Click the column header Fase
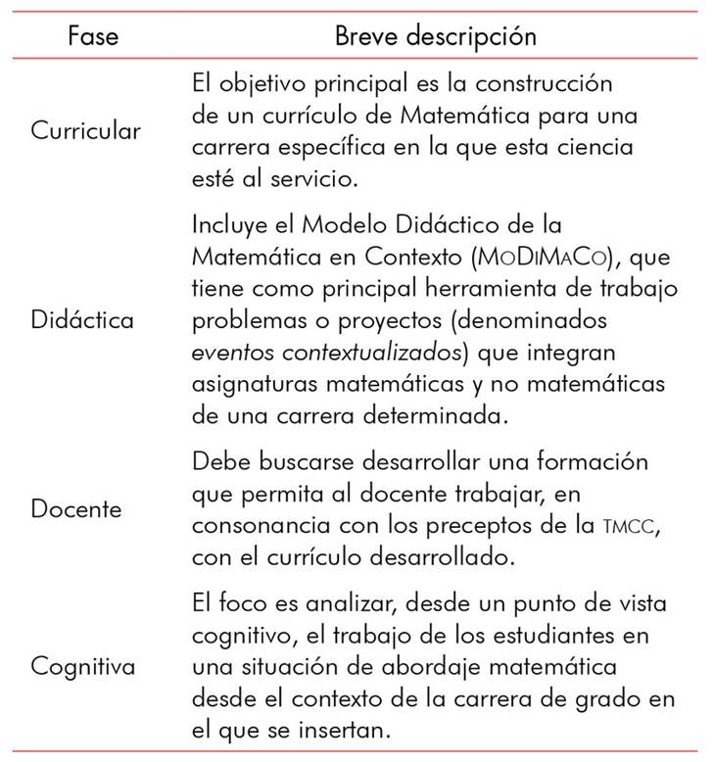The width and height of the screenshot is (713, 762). pos(94,36)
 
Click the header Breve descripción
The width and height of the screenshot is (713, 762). pos(436,36)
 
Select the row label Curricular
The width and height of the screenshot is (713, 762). pos(85,131)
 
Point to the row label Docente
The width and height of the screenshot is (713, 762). pos(76,509)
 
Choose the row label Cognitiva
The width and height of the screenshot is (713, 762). pos(83,667)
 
